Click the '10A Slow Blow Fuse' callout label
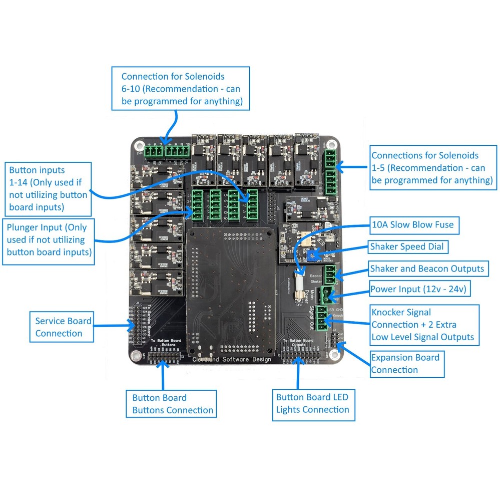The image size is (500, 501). pos(413,224)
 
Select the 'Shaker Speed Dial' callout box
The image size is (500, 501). pos(406,246)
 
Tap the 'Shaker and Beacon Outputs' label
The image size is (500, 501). pos(427,269)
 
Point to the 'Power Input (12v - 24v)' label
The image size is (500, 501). pos(419,289)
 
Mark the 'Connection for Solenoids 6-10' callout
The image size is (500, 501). pos(180,89)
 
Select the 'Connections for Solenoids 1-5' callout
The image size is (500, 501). pos(432,168)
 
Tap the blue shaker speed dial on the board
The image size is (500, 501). pos(313,256)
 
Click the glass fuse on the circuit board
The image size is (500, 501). pos(299,284)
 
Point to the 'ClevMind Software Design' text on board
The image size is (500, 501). pos(232,359)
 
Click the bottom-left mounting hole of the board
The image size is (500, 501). pos(135,355)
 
